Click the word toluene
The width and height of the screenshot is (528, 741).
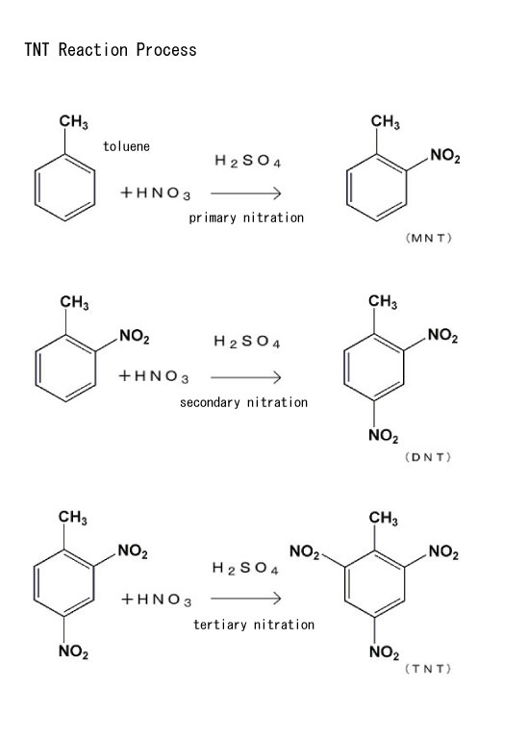tap(127, 146)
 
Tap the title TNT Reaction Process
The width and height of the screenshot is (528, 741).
tap(111, 50)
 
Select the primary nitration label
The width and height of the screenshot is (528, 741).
tap(246, 217)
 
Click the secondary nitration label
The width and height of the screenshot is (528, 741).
tap(243, 402)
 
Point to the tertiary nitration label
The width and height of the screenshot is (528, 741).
tap(254, 625)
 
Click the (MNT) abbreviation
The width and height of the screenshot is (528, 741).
tap(429, 238)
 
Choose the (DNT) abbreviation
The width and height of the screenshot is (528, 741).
tap(428, 457)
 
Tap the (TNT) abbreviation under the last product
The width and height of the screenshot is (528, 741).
tap(428, 669)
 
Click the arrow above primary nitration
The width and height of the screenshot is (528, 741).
tap(246, 192)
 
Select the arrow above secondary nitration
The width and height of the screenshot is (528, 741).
tap(246, 377)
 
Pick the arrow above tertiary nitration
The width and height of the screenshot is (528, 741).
tap(246, 599)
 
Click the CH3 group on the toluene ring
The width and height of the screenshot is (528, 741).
tap(74, 122)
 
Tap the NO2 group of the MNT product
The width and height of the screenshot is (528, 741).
tap(445, 156)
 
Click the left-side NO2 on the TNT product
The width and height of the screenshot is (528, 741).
tap(305, 551)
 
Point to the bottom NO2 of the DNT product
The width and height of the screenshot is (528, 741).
tap(384, 435)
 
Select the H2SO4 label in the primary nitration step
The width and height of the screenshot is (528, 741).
tap(248, 161)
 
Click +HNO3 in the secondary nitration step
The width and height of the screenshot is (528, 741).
tap(154, 376)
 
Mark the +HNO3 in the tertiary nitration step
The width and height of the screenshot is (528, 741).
tap(157, 600)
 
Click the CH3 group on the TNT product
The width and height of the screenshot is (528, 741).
tap(384, 518)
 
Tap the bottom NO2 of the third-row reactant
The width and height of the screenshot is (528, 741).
tap(73, 652)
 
